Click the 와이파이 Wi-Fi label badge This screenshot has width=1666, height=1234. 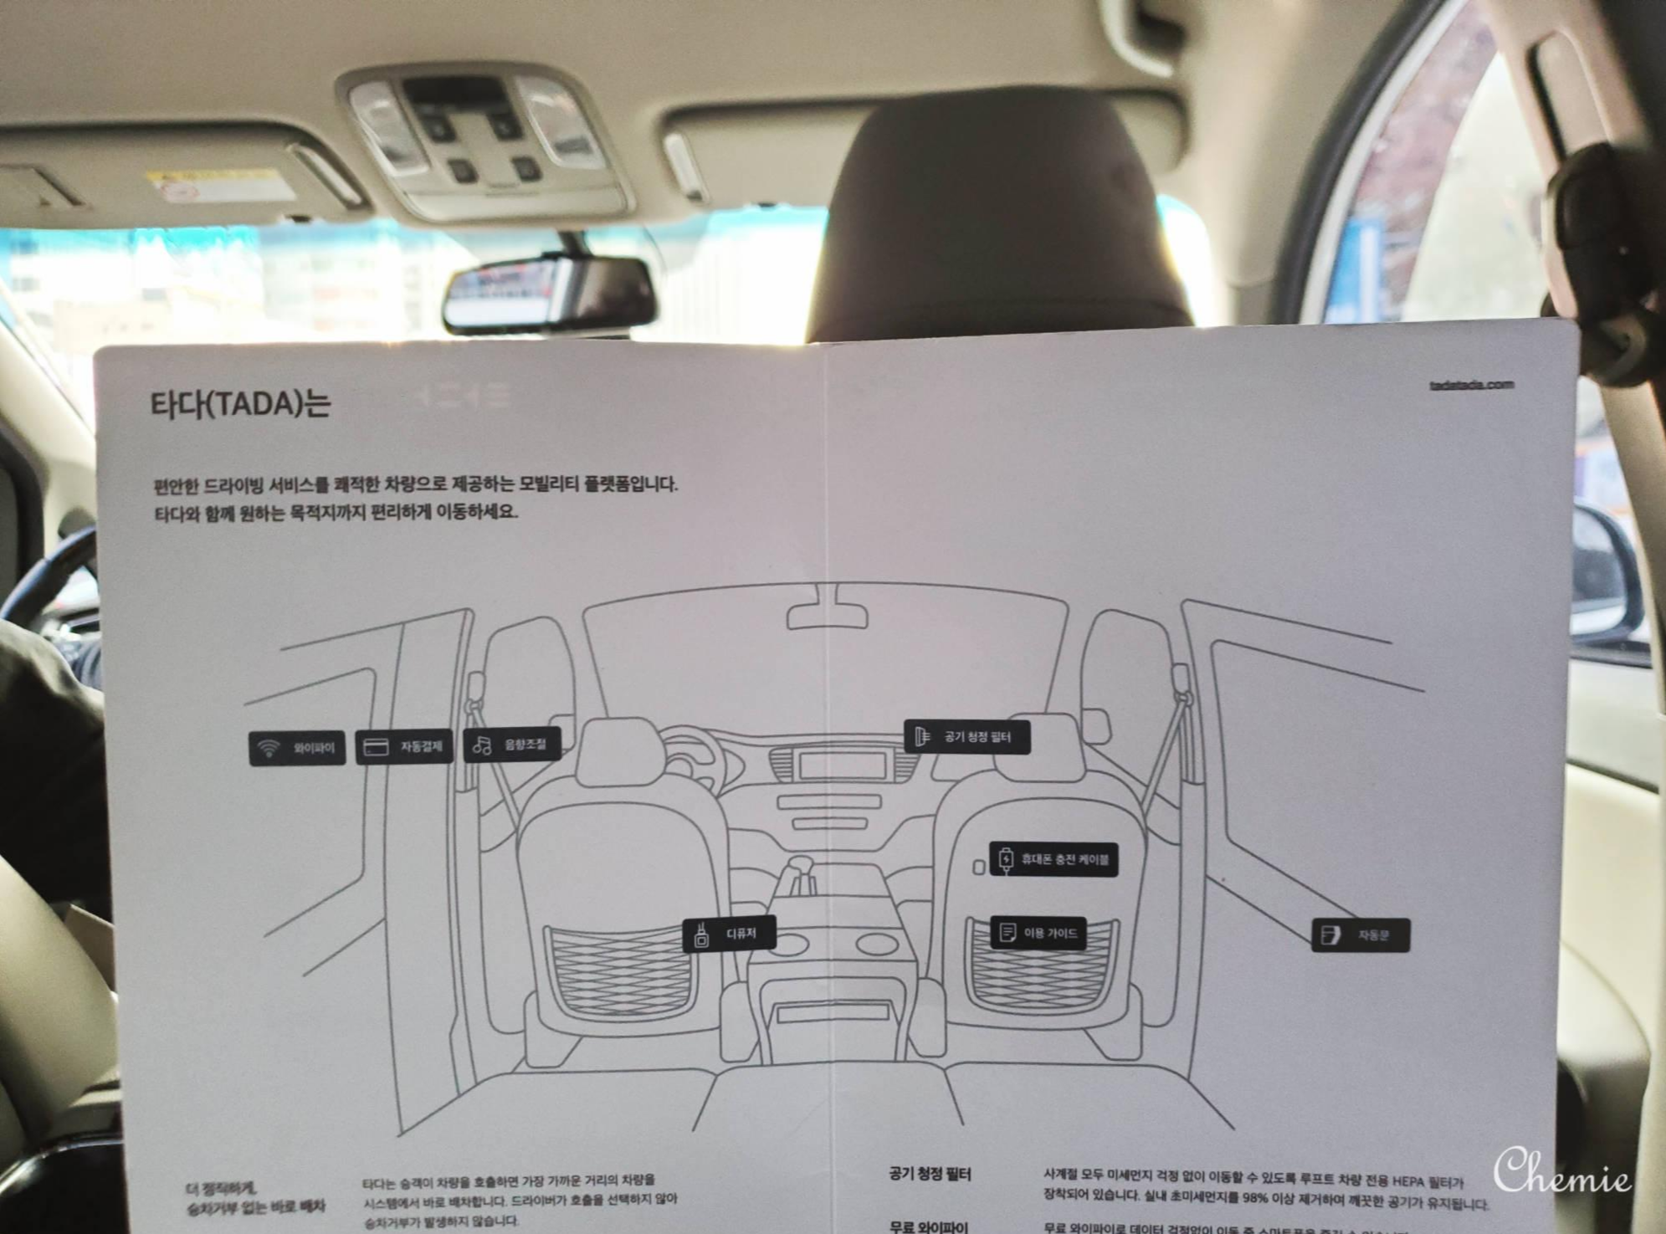click(297, 747)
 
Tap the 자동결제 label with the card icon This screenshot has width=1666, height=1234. click(404, 746)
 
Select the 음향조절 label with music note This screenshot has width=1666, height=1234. click(511, 744)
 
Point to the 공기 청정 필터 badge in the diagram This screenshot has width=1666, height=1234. click(966, 737)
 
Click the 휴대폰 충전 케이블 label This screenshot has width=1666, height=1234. click(1053, 859)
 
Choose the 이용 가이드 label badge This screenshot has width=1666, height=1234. click(1038, 932)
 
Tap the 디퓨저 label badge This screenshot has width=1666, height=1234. click(730, 934)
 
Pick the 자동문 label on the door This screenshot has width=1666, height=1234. click(1360, 935)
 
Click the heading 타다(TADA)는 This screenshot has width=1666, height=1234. click(240, 404)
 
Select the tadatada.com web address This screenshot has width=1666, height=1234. click(1472, 385)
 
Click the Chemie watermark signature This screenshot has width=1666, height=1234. click(1561, 1171)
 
